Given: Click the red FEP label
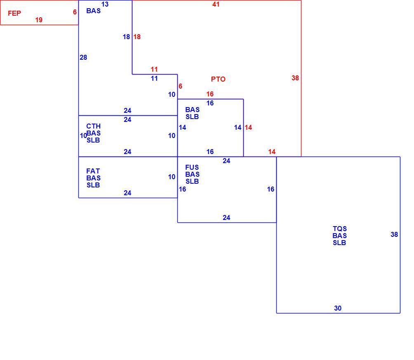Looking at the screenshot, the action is (14, 13).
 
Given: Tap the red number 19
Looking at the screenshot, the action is (39, 20).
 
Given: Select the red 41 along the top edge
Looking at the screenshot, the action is (216, 4).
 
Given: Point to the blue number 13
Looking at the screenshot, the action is (105, 4).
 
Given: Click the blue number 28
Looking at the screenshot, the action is (83, 57).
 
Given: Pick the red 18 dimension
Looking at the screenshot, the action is (137, 37).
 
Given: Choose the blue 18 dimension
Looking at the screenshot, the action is (126, 37).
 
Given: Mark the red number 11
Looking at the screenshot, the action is (154, 69).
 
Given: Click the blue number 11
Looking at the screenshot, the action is (154, 78).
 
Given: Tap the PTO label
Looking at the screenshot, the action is (218, 79).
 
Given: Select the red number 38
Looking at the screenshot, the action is (295, 78).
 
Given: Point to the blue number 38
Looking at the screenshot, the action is (394, 234).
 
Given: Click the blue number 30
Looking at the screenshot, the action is (338, 308).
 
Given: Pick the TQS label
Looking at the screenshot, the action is (339, 229).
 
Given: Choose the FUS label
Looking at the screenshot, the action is (192, 167).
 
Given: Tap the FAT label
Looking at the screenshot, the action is (93, 171).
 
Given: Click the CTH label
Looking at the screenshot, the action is (94, 126).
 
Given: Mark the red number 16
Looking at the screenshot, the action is (210, 94).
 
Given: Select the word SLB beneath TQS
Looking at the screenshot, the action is (339, 243).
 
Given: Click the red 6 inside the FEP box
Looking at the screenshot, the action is (75, 12).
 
